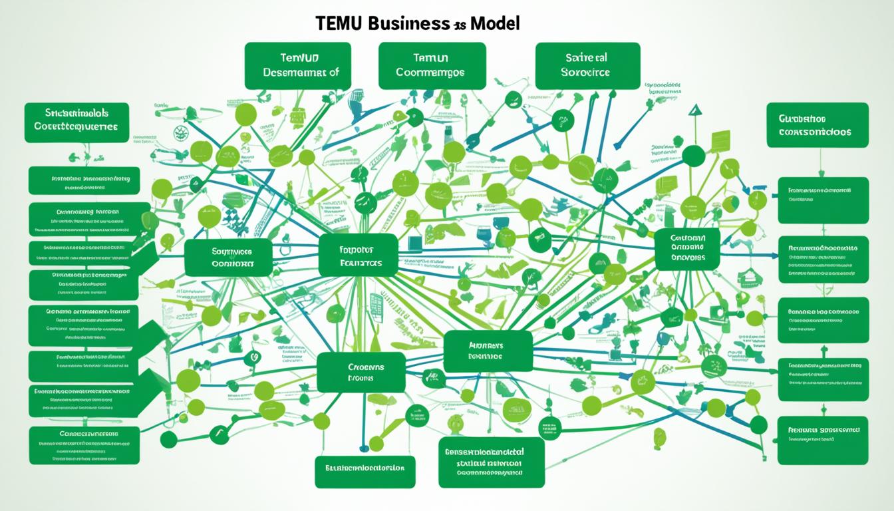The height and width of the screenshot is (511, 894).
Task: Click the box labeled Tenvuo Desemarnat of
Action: (297, 66)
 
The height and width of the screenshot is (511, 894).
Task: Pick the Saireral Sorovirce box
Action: (587, 66)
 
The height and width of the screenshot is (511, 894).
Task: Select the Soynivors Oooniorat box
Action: (228, 257)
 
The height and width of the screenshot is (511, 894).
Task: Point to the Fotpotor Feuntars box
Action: (358, 255)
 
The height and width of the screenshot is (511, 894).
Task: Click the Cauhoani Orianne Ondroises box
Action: (686, 250)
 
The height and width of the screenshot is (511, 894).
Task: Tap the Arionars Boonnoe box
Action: (488, 351)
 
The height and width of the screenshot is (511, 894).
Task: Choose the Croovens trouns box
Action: (361, 372)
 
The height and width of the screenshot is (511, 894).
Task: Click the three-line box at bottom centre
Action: (491, 462)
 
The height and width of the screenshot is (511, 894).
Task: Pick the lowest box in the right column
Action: (822, 440)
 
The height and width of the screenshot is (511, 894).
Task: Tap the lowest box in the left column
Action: (84, 445)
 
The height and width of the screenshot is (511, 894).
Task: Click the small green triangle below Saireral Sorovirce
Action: (695, 110)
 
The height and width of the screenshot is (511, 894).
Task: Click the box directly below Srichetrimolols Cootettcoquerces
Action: (84, 180)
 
